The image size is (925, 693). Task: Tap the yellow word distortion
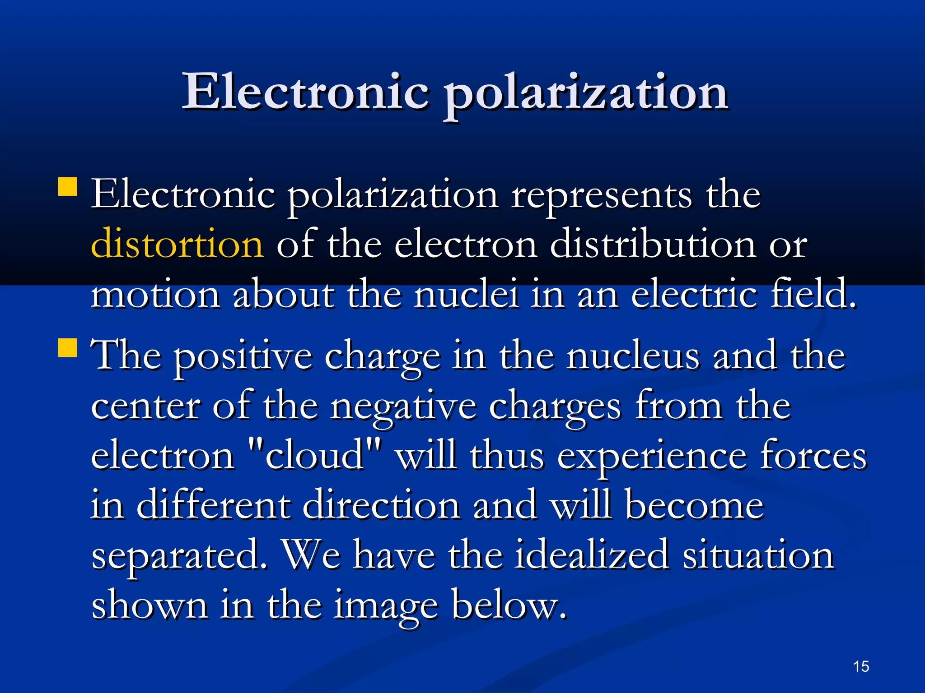177,244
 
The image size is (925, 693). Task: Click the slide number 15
861,666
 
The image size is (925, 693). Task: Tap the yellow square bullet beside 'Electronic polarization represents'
68,186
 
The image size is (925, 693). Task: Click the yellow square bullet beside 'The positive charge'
68,347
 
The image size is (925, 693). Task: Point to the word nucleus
632,356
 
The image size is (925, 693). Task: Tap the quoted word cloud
314,456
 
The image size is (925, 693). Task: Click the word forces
813,456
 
